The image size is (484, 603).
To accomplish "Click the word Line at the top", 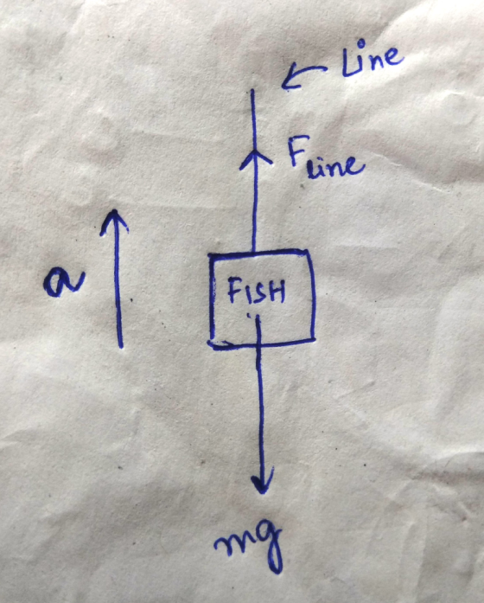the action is [373, 59].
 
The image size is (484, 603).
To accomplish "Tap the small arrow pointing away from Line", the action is [303, 75].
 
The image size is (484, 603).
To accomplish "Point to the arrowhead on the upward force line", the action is [255, 158].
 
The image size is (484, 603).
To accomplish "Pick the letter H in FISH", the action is [277, 291].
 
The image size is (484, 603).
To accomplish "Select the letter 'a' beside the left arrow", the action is [63, 284].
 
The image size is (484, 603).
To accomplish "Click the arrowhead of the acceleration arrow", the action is [114, 221].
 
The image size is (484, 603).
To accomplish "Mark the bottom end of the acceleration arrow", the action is [121, 347].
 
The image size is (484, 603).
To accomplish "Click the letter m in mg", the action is [232, 543].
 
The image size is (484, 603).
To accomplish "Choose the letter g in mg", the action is [269, 546].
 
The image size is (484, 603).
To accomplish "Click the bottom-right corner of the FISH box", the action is [314, 340].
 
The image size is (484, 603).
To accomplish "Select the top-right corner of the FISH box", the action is [308, 252].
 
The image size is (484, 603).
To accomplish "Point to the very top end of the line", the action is [252, 90].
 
